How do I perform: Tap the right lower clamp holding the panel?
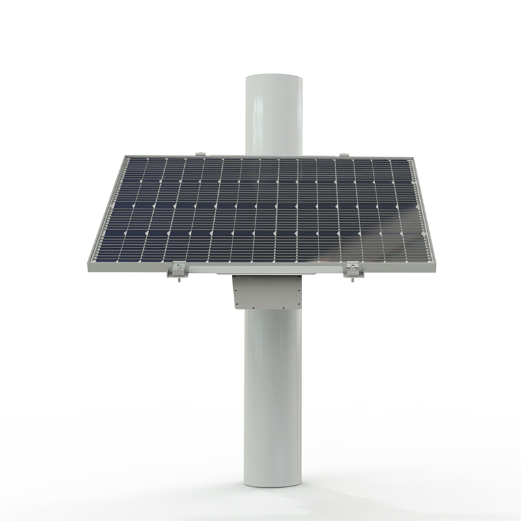coord(351,267)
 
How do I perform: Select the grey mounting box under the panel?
coord(268,291)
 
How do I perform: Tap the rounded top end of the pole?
coord(274,80)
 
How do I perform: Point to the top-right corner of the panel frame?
coord(412,157)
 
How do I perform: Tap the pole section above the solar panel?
coord(274,117)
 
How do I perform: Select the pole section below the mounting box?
coord(274,391)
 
